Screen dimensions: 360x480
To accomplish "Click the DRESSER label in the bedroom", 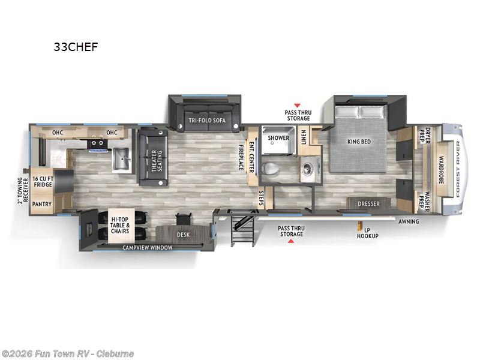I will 368,204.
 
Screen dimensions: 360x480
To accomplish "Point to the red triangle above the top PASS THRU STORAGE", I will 296,105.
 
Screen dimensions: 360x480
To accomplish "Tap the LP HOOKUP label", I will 368,233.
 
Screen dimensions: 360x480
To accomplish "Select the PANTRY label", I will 41,205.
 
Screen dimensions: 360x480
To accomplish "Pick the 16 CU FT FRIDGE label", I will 43,182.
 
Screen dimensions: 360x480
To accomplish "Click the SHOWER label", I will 278,137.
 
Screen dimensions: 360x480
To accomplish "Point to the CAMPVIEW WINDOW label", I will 148,247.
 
